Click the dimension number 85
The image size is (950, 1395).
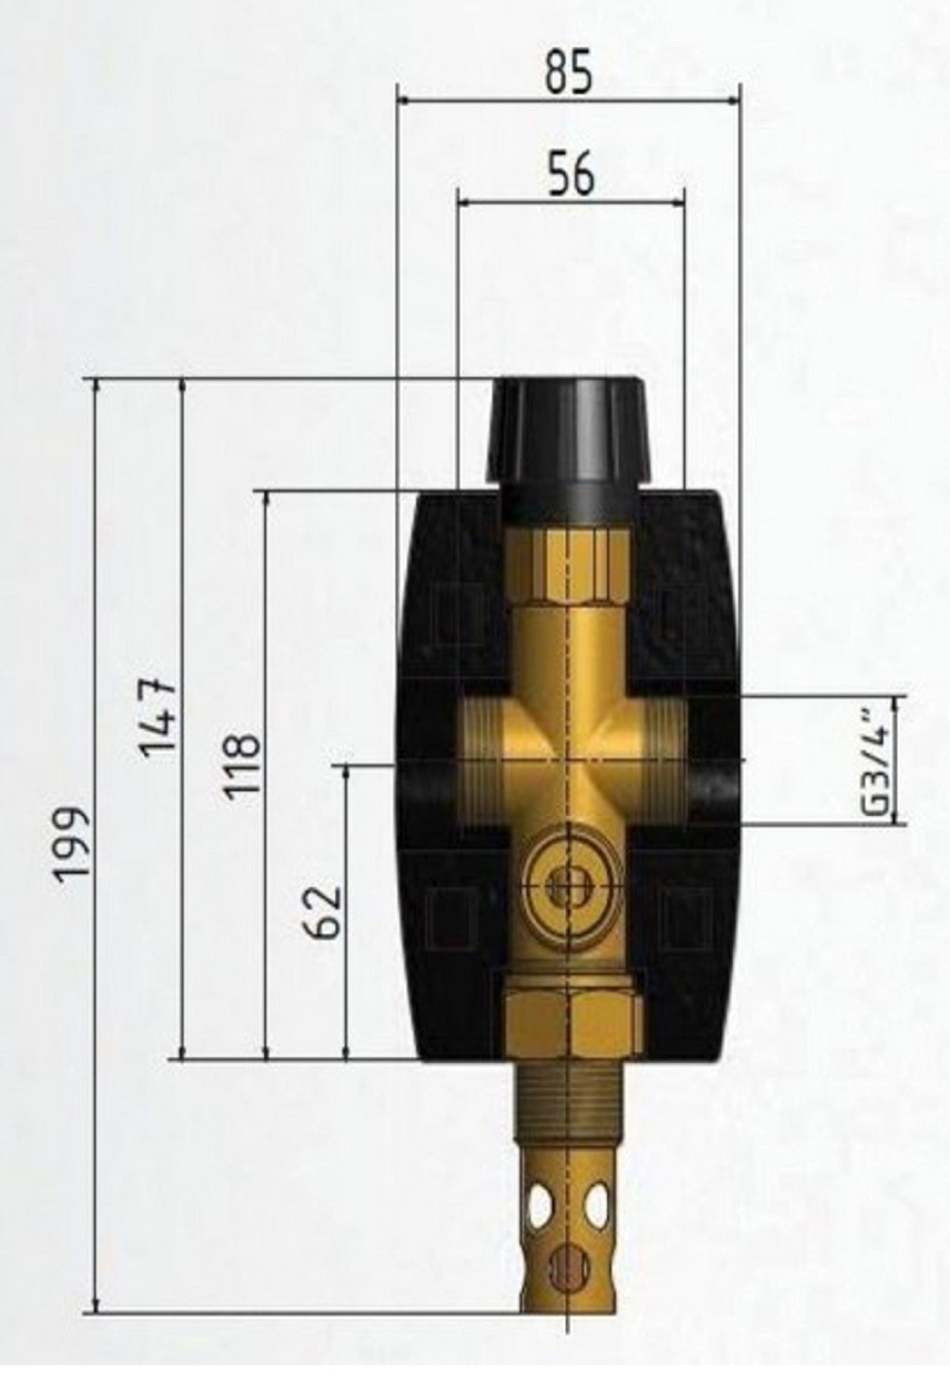(568, 71)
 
